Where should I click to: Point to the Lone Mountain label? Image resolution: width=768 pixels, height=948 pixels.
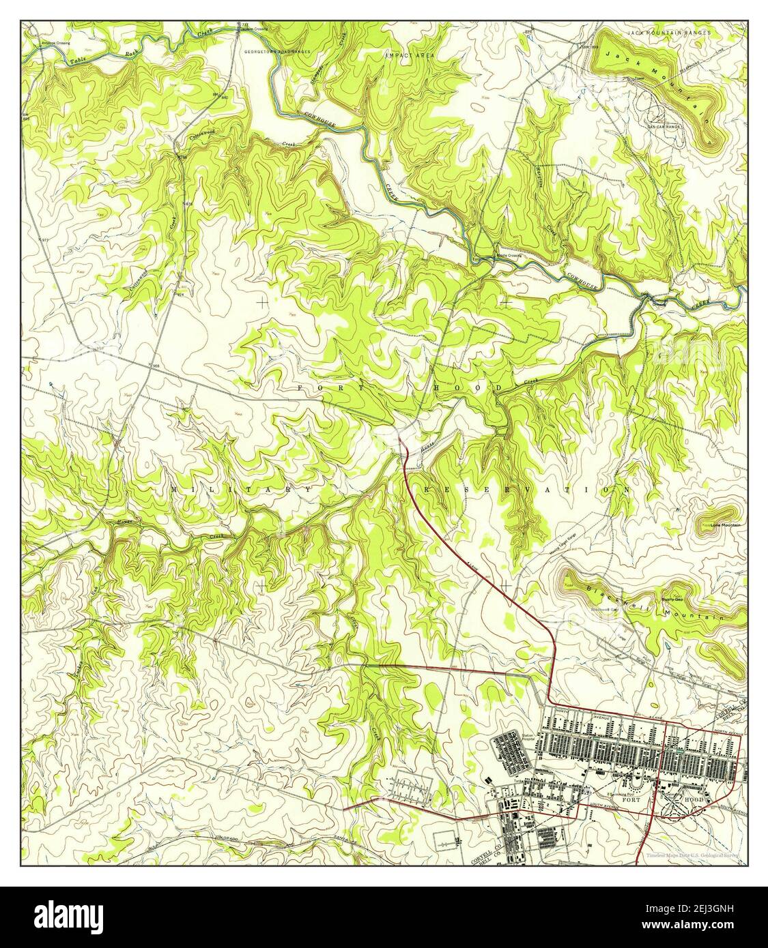725,524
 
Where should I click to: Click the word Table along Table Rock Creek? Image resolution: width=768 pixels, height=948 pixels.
79,61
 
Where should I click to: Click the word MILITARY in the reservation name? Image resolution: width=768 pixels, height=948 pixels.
242,490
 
